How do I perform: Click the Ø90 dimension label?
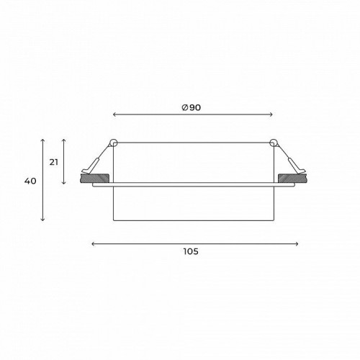(192, 107)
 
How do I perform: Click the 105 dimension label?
(190, 251)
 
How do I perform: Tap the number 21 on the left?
(53, 162)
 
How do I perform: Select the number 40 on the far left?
(30, 181)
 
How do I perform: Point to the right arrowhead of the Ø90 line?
(271, 114)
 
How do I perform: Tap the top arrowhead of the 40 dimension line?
(43, 139)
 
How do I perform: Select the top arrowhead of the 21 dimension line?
(64, 139)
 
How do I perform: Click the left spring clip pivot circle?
(112, 140)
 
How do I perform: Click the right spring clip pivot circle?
(273, 140)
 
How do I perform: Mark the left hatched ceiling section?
(94, 178)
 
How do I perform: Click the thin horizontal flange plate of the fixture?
(192, 186)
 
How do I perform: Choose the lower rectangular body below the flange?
(192, 204)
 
